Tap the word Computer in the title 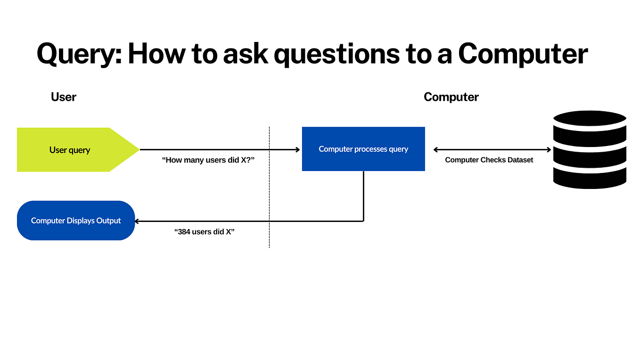click(523, 55)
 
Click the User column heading click(64, 97)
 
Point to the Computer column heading click(451, 97)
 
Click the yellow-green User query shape click(71, 150)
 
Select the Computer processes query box click(363, 149)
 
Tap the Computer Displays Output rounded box click(76, 221)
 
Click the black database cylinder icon click(590, 150)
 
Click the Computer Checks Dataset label click(489, 160)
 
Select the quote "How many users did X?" click(208, 160)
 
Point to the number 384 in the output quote click(185, 232)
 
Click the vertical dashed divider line click(269, 188)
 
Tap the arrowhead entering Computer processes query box click(297, 150)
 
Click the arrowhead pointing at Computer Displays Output click(137, 221)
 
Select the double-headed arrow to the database click(492, 150)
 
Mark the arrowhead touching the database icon click(549, 150)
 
